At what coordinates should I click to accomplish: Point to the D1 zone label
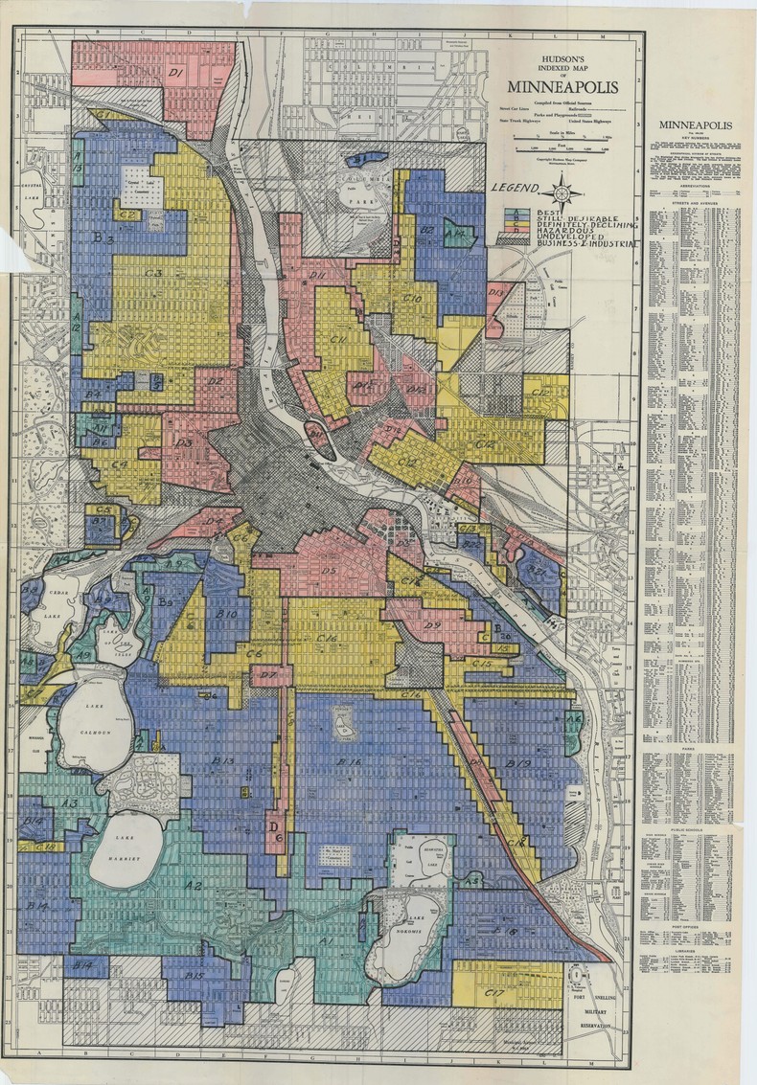pos(176,72)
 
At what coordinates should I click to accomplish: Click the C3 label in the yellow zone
pos(152,273)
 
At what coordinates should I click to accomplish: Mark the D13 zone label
pos(496,291)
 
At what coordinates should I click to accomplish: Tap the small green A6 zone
pos(573,718)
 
